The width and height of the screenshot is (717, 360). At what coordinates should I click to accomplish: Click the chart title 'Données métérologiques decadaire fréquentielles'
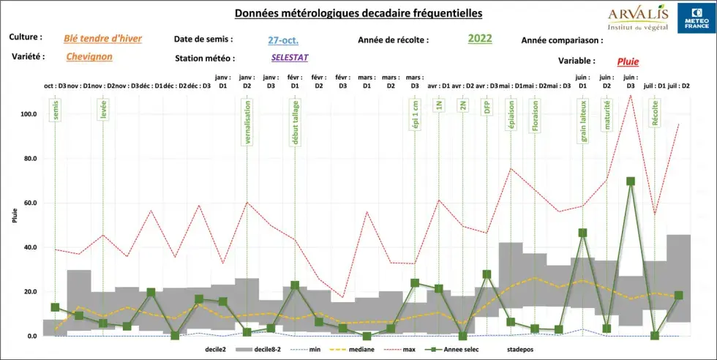tap(358, 13)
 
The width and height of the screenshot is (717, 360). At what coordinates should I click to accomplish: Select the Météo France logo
tap(692, 17)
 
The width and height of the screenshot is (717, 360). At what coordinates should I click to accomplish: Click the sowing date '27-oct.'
tap(282, 41)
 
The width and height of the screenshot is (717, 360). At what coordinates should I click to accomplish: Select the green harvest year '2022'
tap(480, 40)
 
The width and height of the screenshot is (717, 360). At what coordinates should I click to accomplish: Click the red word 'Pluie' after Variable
tap(628, 62)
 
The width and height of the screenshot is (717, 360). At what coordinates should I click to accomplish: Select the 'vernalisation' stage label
tap(247, 124)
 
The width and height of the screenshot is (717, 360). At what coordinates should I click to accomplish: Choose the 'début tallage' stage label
tap(295, 124)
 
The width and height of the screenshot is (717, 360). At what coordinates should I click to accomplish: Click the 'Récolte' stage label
tap(655, 113)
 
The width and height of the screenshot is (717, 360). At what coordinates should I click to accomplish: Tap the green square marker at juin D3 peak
tap(631, 181)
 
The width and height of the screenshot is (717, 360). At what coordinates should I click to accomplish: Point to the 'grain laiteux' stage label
tap(583, 120)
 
